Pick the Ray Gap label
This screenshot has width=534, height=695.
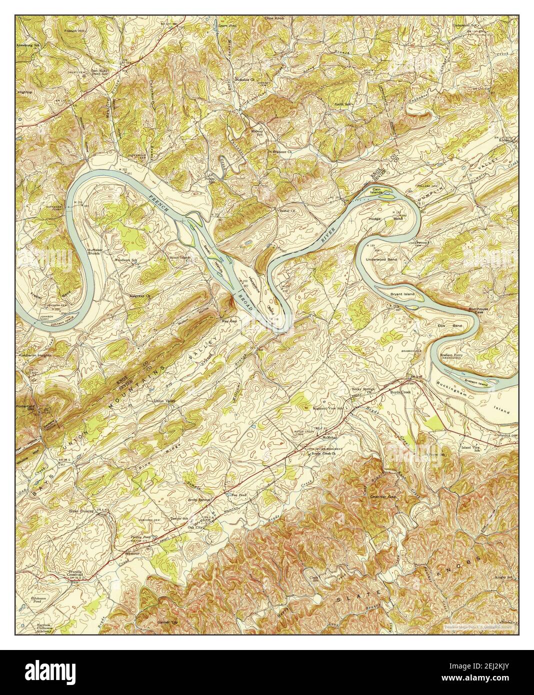[229, 322]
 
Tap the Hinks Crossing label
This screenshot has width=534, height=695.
[82, 512]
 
